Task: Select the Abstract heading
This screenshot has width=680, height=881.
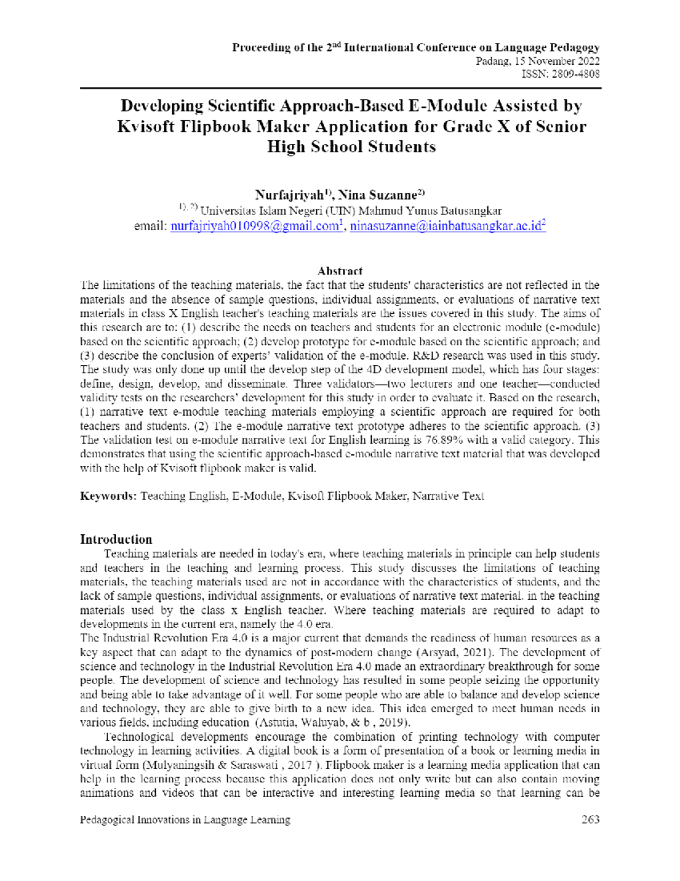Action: tap(340, 271)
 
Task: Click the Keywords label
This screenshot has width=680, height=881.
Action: tap(108, 496)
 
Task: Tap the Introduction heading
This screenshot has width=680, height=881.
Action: tap(116, 539)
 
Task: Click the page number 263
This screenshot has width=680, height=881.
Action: tap(590, 819)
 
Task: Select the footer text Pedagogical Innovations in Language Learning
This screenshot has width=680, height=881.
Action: tap(185, 819)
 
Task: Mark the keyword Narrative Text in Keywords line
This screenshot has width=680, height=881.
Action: tap(448, 496)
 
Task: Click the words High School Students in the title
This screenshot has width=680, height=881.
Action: tap(351, 146)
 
